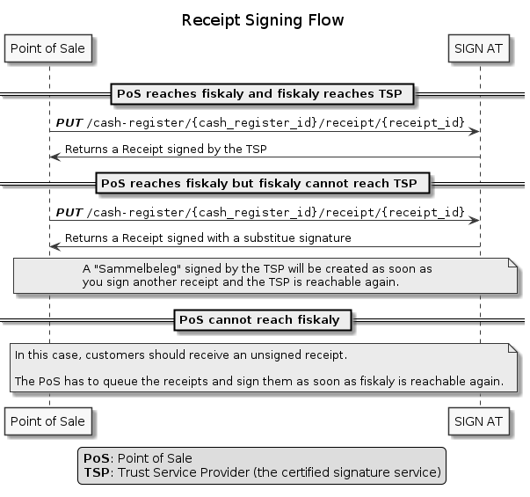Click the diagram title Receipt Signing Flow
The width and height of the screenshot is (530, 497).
click(x=263, y=20)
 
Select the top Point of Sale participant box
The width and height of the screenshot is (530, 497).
click(x=48, y=48)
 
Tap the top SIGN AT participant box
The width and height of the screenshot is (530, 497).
click(x=479, y=48)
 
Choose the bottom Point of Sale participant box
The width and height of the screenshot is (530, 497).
click(x=48, y=421)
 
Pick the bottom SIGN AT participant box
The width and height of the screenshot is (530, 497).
click(x=479, y=421)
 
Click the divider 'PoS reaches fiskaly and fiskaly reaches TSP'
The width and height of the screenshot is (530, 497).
click(x=262, y=94)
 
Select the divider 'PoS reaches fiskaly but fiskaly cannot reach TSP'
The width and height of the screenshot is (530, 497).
click(x=263, y=183)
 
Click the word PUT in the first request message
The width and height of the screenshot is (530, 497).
click(x=69, y=123)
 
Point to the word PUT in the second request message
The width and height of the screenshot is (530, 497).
click(x=69, y=213)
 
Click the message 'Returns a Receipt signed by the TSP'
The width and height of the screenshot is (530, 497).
click(x=165, y=150)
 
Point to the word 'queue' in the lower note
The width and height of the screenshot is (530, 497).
click(x=120, y=381)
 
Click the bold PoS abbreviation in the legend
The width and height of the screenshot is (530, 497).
click(x=97, y=458)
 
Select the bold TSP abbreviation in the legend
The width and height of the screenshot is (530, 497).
click(x=97, y=472)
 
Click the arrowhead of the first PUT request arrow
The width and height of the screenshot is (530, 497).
click(x=474, y=132)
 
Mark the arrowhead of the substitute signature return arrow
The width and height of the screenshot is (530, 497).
click(x=54, y=246)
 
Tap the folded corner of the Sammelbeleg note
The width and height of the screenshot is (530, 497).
click(x=513, y=262)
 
